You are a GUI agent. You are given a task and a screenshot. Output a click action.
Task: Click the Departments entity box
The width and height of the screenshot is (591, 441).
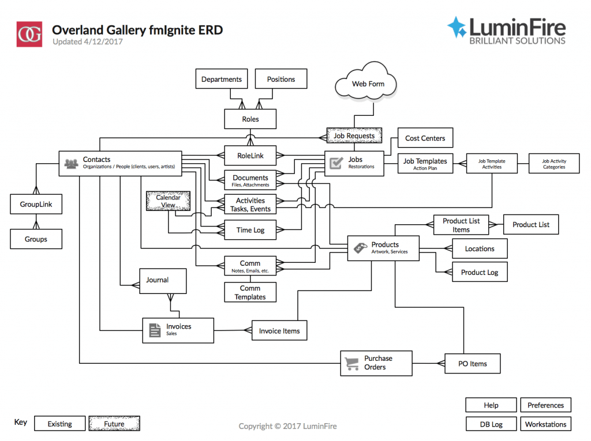221,79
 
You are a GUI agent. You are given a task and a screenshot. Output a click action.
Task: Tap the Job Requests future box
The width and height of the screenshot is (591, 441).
354,136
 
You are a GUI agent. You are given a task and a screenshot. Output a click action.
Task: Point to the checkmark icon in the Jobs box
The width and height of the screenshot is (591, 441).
336,163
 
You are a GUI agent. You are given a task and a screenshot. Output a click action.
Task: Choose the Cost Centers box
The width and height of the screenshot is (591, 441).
425,138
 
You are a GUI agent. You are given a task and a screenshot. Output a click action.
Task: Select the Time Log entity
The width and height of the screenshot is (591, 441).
250,230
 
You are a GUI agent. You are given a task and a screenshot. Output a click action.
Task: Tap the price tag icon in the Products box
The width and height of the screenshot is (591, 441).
360,248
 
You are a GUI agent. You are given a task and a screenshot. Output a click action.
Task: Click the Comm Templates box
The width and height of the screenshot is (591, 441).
250,292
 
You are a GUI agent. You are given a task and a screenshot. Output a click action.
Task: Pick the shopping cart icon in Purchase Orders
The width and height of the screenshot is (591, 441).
351,363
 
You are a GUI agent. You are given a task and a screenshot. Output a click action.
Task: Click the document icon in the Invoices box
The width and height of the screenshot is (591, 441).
155,330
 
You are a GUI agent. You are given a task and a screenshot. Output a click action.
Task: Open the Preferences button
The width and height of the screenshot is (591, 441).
545,405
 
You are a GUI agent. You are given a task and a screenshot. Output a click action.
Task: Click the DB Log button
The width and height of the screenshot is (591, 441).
491,424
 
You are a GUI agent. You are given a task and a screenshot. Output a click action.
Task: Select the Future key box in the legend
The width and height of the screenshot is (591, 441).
114,424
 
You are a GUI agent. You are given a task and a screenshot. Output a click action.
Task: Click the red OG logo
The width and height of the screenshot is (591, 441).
29,35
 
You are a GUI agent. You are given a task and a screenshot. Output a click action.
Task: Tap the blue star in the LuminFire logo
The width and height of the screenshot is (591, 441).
457,28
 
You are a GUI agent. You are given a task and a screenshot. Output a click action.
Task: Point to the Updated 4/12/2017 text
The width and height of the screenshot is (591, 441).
88,42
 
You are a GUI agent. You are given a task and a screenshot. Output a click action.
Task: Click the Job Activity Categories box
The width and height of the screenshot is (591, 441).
553,164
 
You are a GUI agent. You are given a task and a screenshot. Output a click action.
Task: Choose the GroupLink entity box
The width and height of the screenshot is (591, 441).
36,204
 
